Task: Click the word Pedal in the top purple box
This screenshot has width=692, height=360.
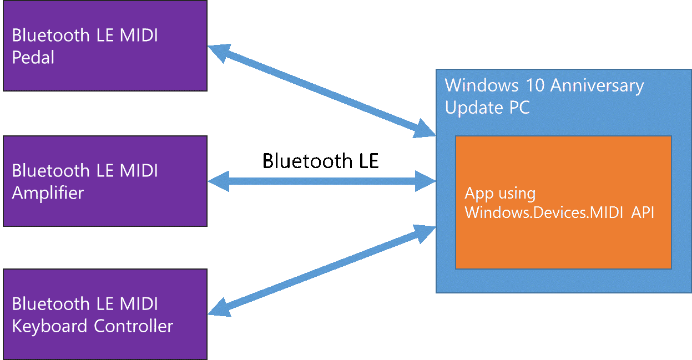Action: tap(33, 57)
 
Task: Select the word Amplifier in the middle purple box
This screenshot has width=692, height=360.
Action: tap(48, 192)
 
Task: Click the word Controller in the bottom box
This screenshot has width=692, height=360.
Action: tap(133, 326)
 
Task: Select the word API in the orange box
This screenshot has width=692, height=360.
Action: tap(642, 212)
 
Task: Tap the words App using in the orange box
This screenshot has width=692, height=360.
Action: tap(500, 194)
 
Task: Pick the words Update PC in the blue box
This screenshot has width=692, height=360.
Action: tap(487, 108)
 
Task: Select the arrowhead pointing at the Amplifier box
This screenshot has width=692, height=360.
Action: tap(218, 181)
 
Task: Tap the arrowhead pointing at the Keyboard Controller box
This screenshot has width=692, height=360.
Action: tap(219, 307)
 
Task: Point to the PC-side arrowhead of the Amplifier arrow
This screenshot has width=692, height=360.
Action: tap(426, 181)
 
